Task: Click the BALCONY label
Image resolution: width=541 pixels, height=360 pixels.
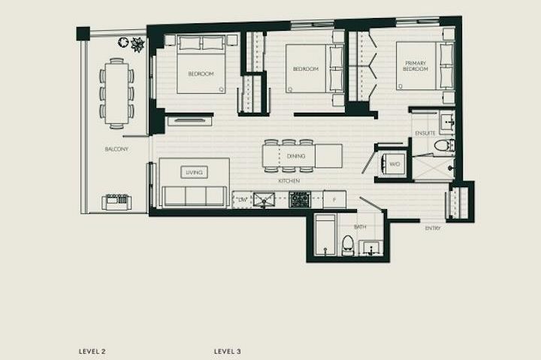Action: (116, 150)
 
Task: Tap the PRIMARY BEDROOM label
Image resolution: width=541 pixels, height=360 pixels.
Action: (415, 66)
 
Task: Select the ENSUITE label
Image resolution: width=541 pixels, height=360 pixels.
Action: (425, 134)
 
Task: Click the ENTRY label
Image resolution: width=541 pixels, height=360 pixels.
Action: (433, 228)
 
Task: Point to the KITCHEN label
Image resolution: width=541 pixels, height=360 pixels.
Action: (289, 182)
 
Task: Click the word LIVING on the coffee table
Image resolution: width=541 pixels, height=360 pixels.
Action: (195, 172)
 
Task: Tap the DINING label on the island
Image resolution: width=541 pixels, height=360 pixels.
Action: (296, 156)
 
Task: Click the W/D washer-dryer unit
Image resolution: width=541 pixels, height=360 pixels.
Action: (394, 164)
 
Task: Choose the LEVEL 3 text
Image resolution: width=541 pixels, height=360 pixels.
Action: (227, 350)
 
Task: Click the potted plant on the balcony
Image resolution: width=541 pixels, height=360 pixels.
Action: (138, 44)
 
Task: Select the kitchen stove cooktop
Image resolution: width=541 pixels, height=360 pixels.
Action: (301, 199)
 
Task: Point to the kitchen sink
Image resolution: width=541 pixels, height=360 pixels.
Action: (264, 199)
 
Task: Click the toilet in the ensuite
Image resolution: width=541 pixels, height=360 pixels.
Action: (440, 144)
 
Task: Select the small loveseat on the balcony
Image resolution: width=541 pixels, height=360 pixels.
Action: (116, 201)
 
